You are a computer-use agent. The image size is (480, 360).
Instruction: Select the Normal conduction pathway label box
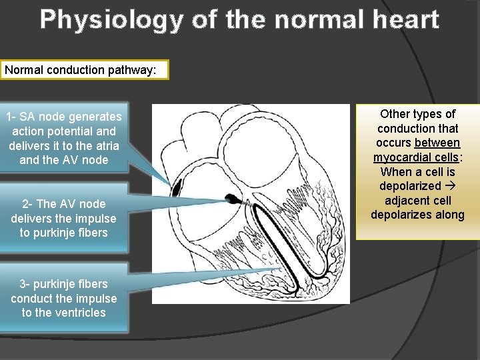[85, 70]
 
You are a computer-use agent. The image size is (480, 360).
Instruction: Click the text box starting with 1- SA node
[64, 138]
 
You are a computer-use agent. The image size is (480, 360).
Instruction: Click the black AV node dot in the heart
[232, 198]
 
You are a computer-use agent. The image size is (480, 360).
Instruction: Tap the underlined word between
[437, 143]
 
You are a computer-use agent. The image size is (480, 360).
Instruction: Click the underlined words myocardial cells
[417, 157]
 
